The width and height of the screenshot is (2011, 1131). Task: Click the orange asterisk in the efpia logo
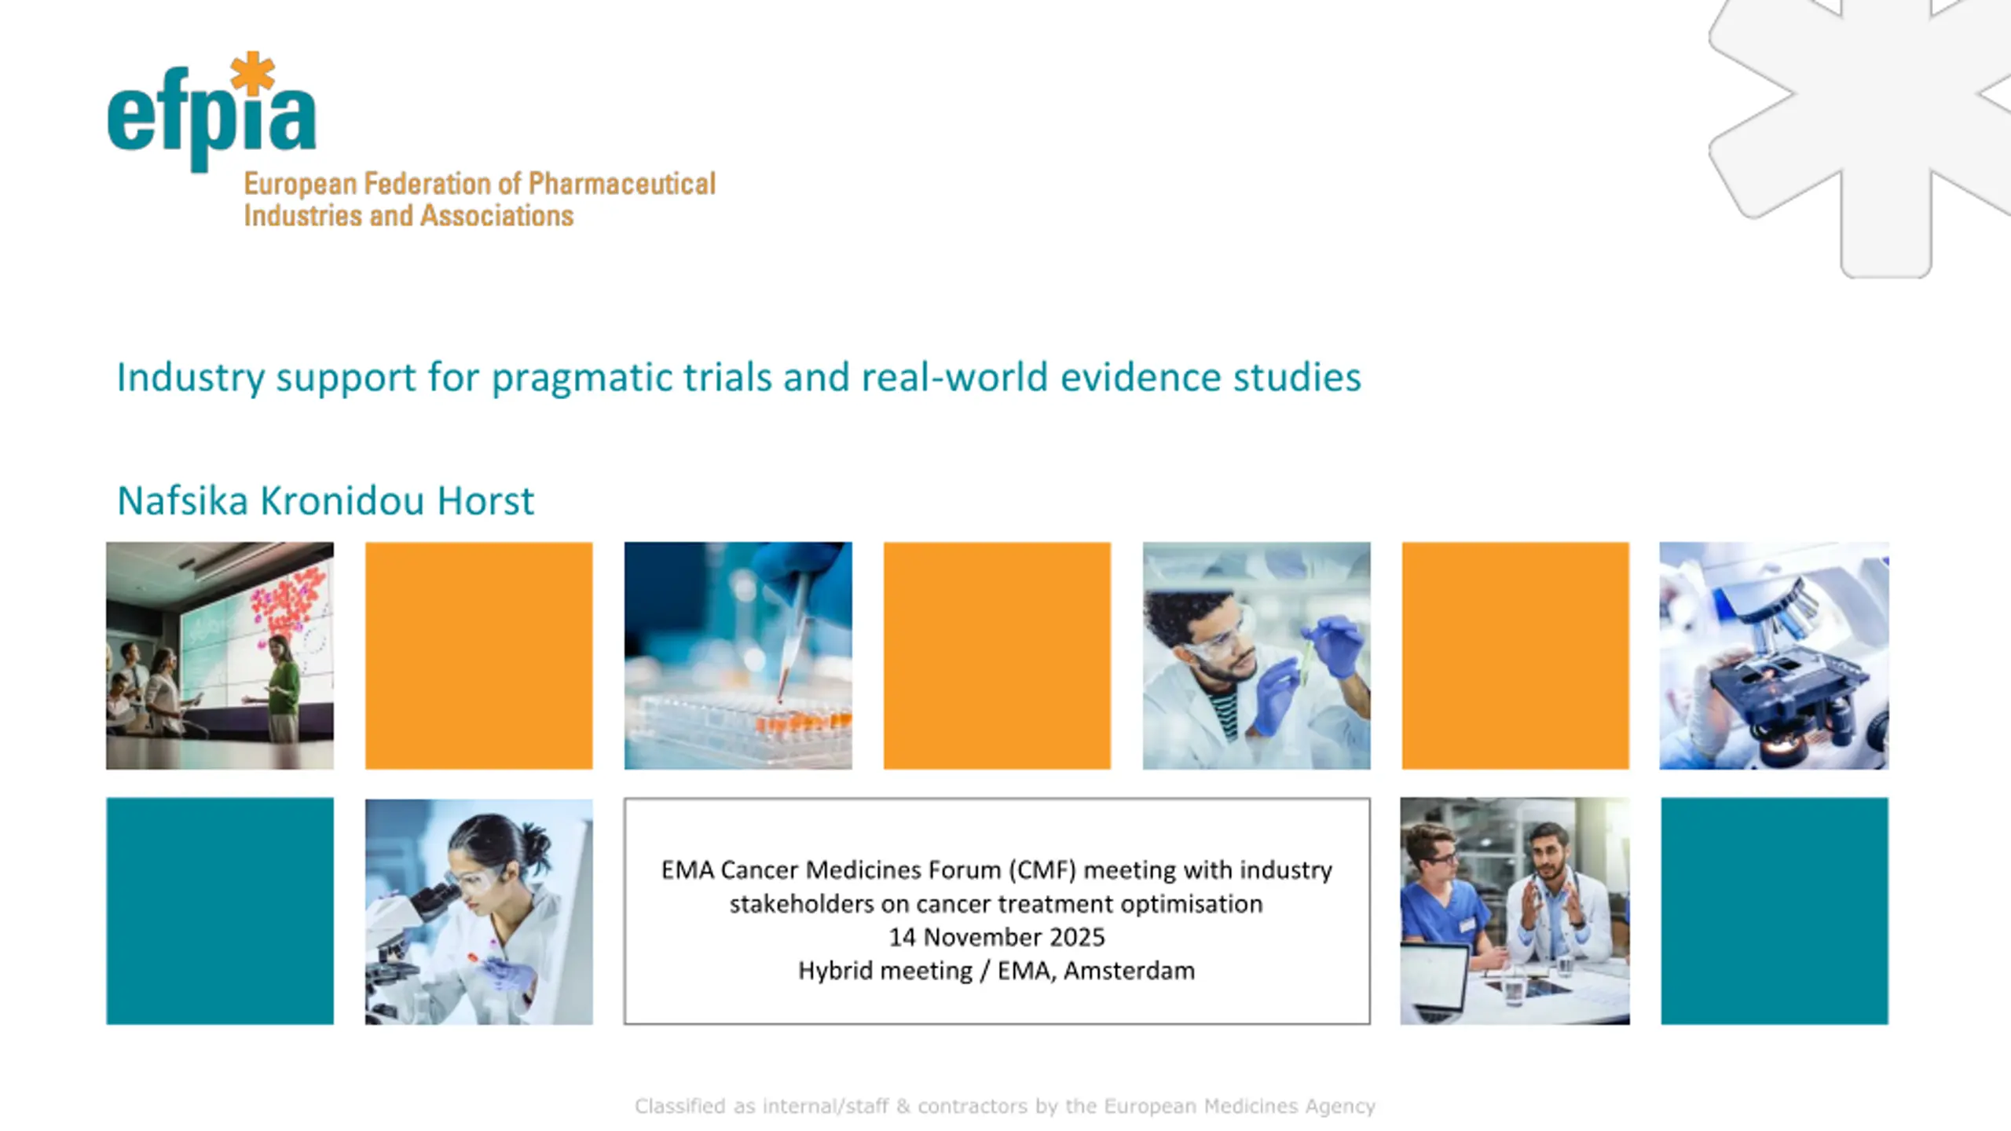[252, 73]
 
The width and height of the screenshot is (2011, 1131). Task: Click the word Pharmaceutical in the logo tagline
[621, 184]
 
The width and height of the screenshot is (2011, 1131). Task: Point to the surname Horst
[485, 501]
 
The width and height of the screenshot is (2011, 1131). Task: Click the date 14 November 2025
[996, 937]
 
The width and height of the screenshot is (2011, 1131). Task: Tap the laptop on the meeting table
[1435, 982]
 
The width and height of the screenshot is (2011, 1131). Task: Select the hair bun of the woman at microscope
[539, 840]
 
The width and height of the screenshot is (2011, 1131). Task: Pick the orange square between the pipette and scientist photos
[997, 656]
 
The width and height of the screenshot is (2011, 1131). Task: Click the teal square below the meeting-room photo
[220, 911]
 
